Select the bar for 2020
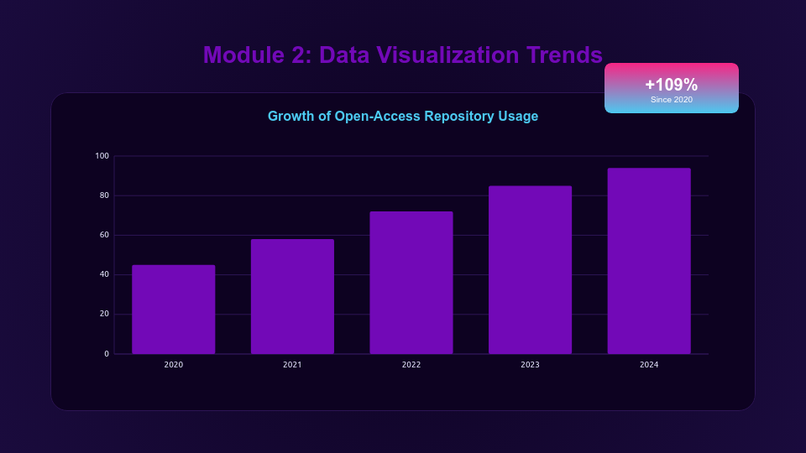point(174,310)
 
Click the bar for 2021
point(292,296)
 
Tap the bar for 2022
point(411,283)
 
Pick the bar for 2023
point(530,270)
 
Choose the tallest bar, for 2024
point(649,261)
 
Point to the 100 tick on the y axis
point(102,156)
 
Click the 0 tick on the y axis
point(107,354)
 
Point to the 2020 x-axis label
point(174,365)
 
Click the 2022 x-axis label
point(411,365)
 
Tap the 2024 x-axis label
point(649,365)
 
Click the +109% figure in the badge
point(671,85)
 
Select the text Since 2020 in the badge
point(671,100)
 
